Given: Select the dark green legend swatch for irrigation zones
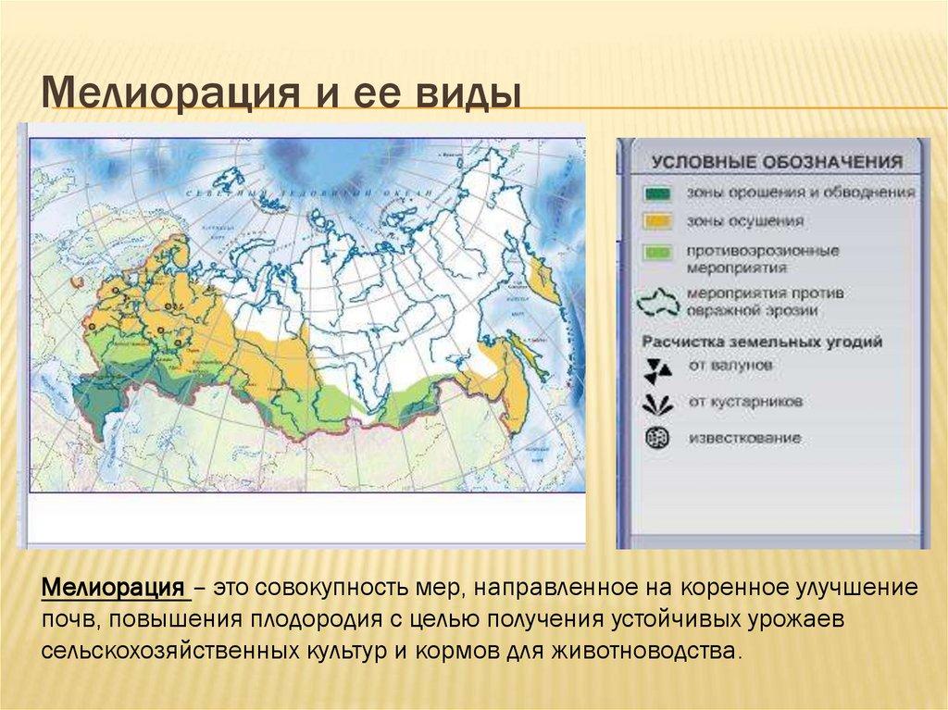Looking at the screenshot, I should tap(658, 193).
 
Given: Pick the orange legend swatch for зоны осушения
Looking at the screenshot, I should tap(658, 222).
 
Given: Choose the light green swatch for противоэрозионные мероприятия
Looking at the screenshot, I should tap(658, 252).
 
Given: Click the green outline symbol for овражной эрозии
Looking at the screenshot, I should tap(658, 302).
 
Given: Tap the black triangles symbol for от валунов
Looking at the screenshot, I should tap(658, 367).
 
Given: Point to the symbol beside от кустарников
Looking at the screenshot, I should tap(658, 403).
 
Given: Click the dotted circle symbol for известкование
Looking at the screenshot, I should tap(657, 438).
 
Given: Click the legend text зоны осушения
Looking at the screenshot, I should tap(731, 222).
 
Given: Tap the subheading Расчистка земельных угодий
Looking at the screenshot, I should tap(762, 342).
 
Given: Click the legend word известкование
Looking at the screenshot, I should tap(744, 438).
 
